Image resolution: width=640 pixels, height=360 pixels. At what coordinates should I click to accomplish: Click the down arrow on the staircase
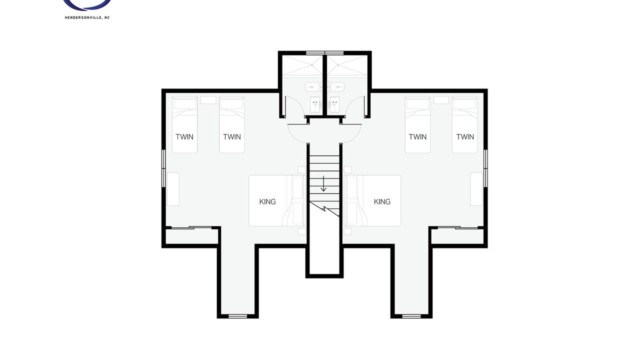pyautogui.click(x=323, y=183)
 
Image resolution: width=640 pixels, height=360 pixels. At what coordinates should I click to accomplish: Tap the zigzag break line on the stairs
pyautogui.click(x=325, y=209)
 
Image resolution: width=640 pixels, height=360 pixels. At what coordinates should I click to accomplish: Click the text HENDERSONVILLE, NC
pyautogui.click(x=87, y=17)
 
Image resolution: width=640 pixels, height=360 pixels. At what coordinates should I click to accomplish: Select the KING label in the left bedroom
pyautogui.click(x=267, y=201)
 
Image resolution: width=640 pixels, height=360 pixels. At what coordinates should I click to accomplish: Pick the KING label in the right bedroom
pyautogui.click(x=382, y=201)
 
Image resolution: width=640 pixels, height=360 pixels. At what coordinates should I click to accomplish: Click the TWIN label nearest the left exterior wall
pyautogui.click(x=184, y=137)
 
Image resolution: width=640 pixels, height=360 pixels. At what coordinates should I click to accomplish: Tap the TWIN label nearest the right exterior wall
pyautogui.click(x=465, y=137)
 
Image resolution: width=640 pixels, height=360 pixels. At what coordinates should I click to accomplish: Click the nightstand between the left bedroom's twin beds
pyautogui.click(x=208, y=100)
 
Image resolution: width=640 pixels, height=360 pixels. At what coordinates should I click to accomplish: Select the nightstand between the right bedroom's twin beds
pyautogui.click(x=441, y=100)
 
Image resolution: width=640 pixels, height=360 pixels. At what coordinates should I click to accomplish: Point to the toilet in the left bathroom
pyautogui.click(x=311, y=86)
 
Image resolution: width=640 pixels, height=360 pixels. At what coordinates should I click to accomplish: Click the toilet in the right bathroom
pyautogui.click(x=337, y=86)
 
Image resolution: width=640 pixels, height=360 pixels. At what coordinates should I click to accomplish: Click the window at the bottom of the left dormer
pyautogui.click(x=238, y=316)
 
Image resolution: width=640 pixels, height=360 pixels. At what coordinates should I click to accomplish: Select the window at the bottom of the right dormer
pyautogui.click(x=411, y=316)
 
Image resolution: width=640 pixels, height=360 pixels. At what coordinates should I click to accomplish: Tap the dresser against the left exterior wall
pyautogui.click(x=173, y=189)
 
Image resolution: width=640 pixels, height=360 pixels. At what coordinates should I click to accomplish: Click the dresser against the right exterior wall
pyautogui.click(x=476, y=189)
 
